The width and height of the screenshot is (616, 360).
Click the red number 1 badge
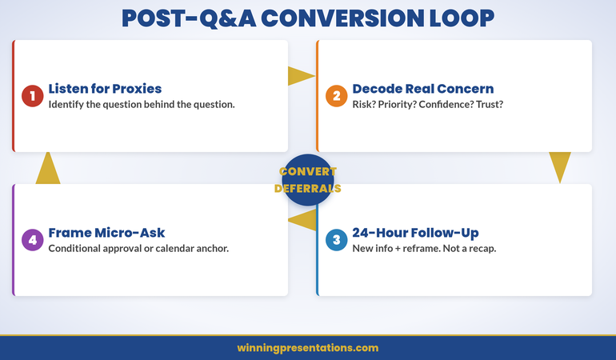pyautogui.click(x=33, y=96)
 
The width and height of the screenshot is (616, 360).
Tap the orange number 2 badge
pyautogui.click(x=337, y=96)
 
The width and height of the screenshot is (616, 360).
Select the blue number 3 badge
pyautogui.click(x=337, y=240)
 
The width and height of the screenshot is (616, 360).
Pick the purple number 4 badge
pyautogui.click(x=33, y=240)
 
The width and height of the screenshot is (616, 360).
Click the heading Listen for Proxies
pyautogui.click(x=104, y=89)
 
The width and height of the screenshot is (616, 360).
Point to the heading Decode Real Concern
pyautogui.click(x=422, y=89)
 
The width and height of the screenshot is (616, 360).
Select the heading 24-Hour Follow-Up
pyautogui.click(x=415, y=233)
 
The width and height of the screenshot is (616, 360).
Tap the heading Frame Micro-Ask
pyautogui.click(x=106, y=233)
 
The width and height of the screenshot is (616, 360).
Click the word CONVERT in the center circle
pyautogui.click(x=308, y=171)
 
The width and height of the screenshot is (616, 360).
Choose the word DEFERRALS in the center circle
pyautogui.click(x=308, y=189)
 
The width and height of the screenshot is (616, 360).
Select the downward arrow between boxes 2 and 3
pyautogui.click(x=560, y=166)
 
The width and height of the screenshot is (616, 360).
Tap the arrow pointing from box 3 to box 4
pyautogui.click(x=302, y=220)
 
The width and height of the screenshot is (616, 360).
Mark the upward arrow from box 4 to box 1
pyautogui.click(x=48, y=167)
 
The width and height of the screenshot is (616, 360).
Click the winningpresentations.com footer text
pyautogui.click(x=308, y=348)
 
